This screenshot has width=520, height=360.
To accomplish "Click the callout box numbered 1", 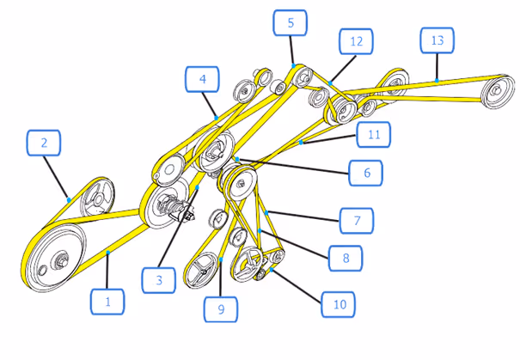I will [107, 302].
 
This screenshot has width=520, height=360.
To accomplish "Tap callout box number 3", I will [159, 279].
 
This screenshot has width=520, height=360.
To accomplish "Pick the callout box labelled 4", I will [203, 81].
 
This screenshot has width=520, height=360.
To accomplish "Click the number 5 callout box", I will [291, 23].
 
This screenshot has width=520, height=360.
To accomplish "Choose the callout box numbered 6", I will [367, 173].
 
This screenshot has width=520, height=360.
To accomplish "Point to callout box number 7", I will [357, 221].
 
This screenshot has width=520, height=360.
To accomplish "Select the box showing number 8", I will [346, 256].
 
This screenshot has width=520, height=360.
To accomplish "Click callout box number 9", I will [221, 307].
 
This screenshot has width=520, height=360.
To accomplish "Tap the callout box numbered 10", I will [338, 303].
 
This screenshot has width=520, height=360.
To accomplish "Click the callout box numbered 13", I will [437, 41].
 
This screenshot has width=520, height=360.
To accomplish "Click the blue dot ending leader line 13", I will [437, 81].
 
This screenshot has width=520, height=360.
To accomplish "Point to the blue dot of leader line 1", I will [109, 254].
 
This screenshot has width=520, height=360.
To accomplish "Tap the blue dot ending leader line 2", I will [69, 199].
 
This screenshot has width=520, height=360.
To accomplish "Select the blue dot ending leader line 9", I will [221, 259].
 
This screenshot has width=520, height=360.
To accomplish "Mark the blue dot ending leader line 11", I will [300, 141].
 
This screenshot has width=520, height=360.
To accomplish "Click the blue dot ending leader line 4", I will [215, 116].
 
